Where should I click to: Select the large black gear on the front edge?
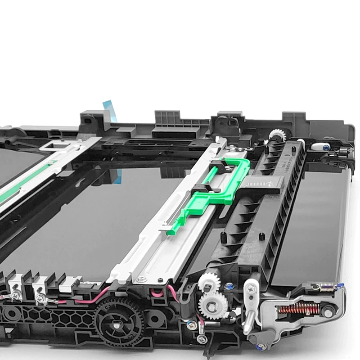coord(118,320)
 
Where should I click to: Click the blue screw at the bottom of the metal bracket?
coord(260,346)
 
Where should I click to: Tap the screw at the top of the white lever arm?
coord(251,286)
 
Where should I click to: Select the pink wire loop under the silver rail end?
coord(157,293)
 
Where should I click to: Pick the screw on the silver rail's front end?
coord(141,279)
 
